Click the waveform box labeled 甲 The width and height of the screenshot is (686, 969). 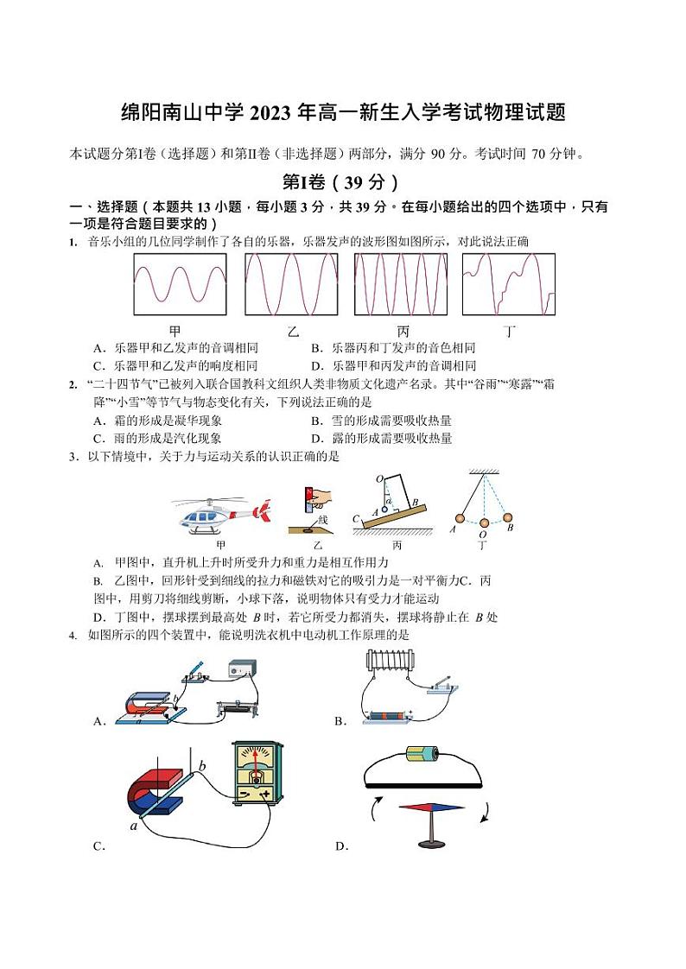point(180,284)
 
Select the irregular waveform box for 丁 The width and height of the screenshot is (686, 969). point(508,284)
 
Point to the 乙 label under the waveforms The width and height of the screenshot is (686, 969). point(292,331)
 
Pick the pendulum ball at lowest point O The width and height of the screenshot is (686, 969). point(485,522)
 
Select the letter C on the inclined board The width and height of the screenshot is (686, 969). point(356,518)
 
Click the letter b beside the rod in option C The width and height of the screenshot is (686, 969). point(202,765)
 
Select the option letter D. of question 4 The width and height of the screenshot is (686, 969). point(341,846)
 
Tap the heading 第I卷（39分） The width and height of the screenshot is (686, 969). point(342,181)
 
